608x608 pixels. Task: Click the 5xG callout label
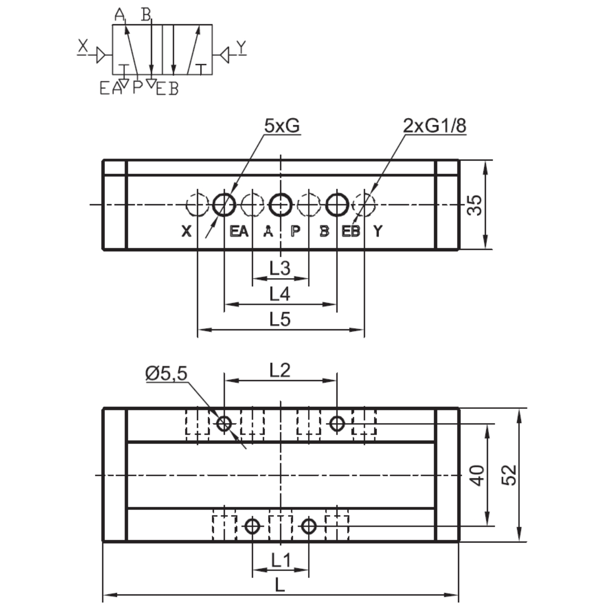(282, 126)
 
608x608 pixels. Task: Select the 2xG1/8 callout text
(434, 126)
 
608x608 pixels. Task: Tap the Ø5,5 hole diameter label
(166, 373)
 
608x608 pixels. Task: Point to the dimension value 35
(475, 205)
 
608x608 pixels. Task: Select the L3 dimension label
(280, 268)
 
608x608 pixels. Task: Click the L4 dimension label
(280, 293)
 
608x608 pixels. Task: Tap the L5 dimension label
(280, 319)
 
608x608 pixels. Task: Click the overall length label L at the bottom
(280, 585)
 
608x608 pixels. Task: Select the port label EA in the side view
(239, 232)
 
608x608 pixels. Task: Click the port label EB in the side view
(351, 232)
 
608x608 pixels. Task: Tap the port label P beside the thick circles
(295, 232)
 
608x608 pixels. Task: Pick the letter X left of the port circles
(187, 232)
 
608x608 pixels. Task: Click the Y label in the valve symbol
(242, 47)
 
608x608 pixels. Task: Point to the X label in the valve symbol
(83, 47)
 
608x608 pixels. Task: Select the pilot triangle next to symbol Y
(223, 54)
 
